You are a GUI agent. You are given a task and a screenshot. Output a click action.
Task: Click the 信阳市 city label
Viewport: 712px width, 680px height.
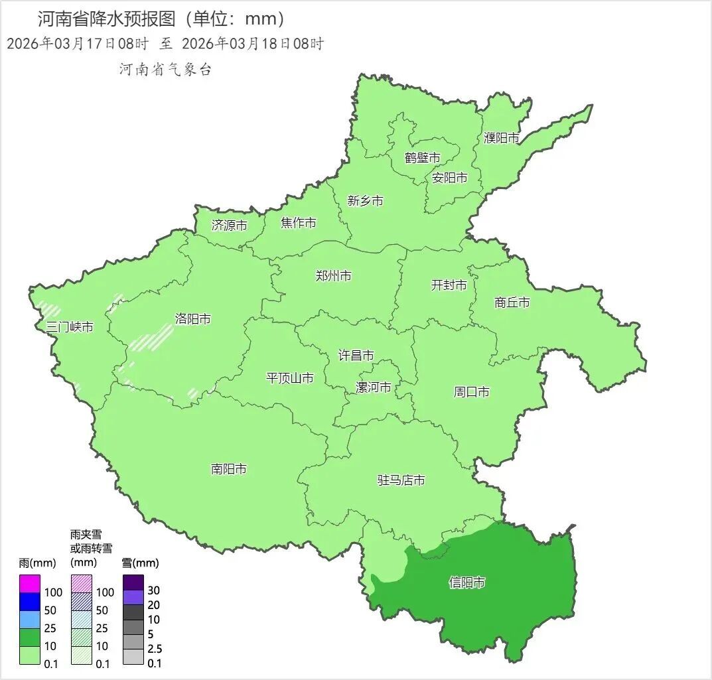[x=467, y=582]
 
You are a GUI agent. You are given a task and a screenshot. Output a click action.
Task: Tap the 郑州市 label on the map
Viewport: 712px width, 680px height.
[x=334, y=276]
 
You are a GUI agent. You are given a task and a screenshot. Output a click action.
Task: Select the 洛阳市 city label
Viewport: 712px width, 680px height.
[x=193, y=319]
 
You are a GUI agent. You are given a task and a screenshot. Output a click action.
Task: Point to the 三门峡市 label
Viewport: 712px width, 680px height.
[x=70, y=327]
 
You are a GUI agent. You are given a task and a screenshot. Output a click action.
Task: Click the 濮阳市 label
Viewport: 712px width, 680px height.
[x=502, y=138]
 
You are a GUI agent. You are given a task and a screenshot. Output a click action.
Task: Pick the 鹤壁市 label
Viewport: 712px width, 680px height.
[x=423, y=158]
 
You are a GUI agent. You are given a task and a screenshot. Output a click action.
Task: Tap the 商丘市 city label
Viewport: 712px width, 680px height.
[x=512, y=303]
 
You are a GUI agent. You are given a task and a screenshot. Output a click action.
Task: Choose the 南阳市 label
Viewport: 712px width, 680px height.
[x=229, y=469]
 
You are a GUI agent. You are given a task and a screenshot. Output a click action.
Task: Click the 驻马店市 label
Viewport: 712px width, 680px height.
[x=401, y=480]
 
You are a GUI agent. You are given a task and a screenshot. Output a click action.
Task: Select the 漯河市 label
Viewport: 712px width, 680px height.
[x=374, y=387]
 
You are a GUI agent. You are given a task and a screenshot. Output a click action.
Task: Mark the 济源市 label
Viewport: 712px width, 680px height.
[x=230, y=226]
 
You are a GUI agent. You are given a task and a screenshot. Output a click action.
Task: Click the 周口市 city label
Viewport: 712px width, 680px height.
[x=472, y=392]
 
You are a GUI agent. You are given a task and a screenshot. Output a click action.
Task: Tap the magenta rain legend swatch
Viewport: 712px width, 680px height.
[x=30, y=584]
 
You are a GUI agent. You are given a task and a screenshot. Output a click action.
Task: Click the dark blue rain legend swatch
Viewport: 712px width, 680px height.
[x=30, y=602]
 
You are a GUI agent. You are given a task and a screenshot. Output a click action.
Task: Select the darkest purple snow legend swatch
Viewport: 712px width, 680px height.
[x=133, y=582]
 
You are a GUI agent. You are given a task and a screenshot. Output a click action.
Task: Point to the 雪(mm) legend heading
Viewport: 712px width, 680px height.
[x=141, y=563]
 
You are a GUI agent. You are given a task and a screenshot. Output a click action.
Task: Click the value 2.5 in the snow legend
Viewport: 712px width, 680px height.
[x=155, y=649]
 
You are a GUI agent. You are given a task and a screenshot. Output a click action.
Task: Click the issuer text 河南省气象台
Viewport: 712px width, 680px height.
[x=166, y=69]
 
